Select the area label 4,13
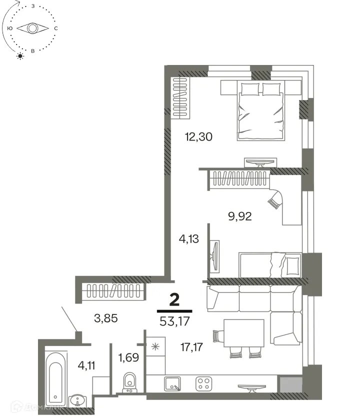point(189,239)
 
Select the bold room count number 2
point(174,299)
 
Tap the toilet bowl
point(130,382)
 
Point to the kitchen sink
point(173,384)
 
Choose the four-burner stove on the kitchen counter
point(204,384)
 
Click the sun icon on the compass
point(20,56)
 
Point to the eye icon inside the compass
point(32,28)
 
